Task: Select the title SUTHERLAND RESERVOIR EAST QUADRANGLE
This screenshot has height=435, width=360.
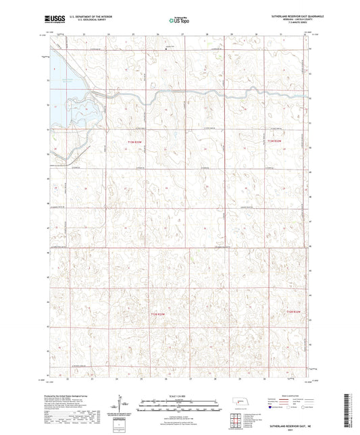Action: click(278, 17)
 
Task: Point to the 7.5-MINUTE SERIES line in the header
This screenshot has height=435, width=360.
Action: click(278, 26)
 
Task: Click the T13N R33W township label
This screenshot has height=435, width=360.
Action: click(135, 142)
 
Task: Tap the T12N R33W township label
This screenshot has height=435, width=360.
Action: click(156, 313)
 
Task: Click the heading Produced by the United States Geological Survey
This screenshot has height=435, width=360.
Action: click(74, 397)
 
